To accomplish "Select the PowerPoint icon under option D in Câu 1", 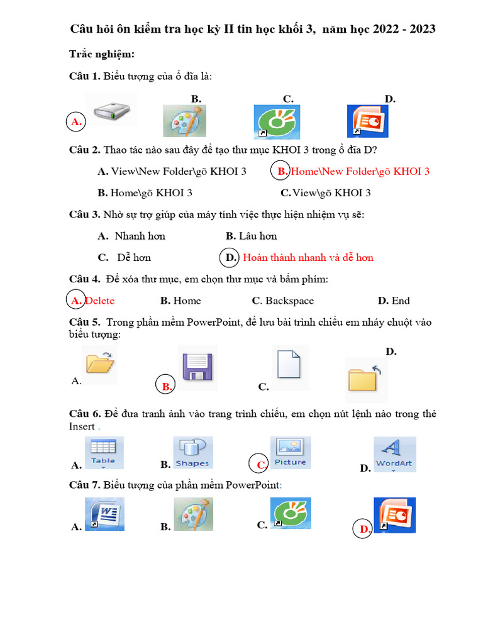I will (368, 121).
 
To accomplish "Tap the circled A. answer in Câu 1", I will (76, 122).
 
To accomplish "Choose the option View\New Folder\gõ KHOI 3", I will (172, 171).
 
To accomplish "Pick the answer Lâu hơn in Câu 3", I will (258, 236).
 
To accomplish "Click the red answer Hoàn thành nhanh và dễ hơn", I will (308, 257).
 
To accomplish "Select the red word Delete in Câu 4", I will (100, 301).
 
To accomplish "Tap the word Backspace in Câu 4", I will (289, 301).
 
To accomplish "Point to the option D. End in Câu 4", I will (394, 301).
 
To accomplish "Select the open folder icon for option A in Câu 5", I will (100, 365).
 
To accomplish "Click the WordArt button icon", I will (394, 454).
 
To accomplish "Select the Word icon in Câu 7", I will (104, 514).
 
